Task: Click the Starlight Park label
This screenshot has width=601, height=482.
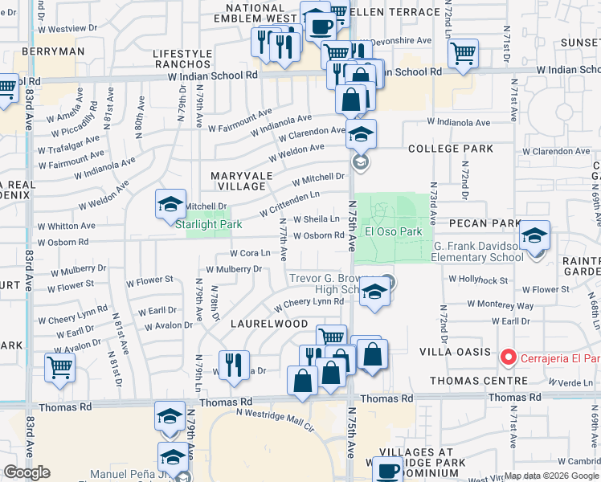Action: (208, 225)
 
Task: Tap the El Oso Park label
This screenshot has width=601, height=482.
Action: (394, 232)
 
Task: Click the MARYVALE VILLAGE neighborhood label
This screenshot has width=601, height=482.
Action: (242, 181)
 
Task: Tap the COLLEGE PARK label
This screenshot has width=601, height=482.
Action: (450, 149)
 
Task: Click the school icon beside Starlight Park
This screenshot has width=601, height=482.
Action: (170, 205)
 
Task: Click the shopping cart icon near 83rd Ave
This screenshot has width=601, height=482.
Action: (59, 369)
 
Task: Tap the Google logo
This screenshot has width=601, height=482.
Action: (27, 472)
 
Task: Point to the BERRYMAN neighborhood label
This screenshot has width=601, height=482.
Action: (53, 51)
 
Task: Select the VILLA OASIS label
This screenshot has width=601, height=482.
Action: (455, 352)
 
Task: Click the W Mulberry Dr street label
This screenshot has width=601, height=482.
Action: (234, 269)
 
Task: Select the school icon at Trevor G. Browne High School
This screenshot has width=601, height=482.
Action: (374, 294)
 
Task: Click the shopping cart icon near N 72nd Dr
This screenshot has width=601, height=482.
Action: (464, 54)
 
